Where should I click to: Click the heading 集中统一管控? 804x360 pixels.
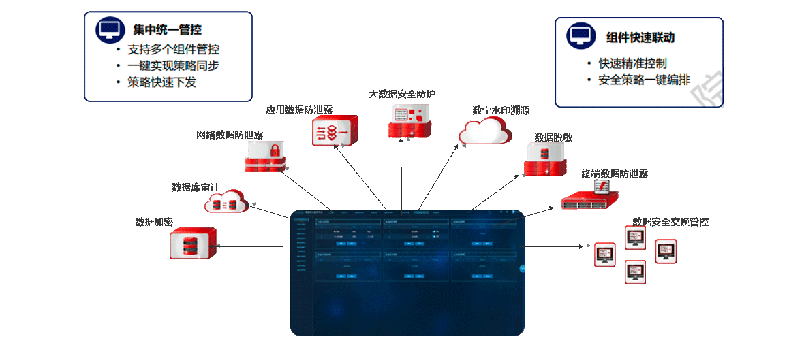click(x=167, y=31)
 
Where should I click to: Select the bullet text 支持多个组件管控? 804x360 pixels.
click(x=173, y=50)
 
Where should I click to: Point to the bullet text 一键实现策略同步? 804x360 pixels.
click(x=173, y=66)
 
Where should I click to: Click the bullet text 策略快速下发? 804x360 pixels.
click(x=161, y=82)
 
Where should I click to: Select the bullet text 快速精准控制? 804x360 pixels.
click(x=632, y=63)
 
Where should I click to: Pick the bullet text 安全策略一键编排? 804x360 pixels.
click(x=644, y=80)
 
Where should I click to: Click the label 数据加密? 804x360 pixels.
click(x=154, y=222)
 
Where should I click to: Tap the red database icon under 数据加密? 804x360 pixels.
click(x=193, y=243)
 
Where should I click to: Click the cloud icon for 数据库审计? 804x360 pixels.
click(x=226, y=201)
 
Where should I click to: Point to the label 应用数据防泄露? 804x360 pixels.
click(x=299, y=110)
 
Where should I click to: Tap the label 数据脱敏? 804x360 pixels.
click(x=553, y=137)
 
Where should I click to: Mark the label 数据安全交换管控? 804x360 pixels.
click(x=670, y=222)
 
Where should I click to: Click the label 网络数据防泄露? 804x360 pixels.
click(x=230, y=135)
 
